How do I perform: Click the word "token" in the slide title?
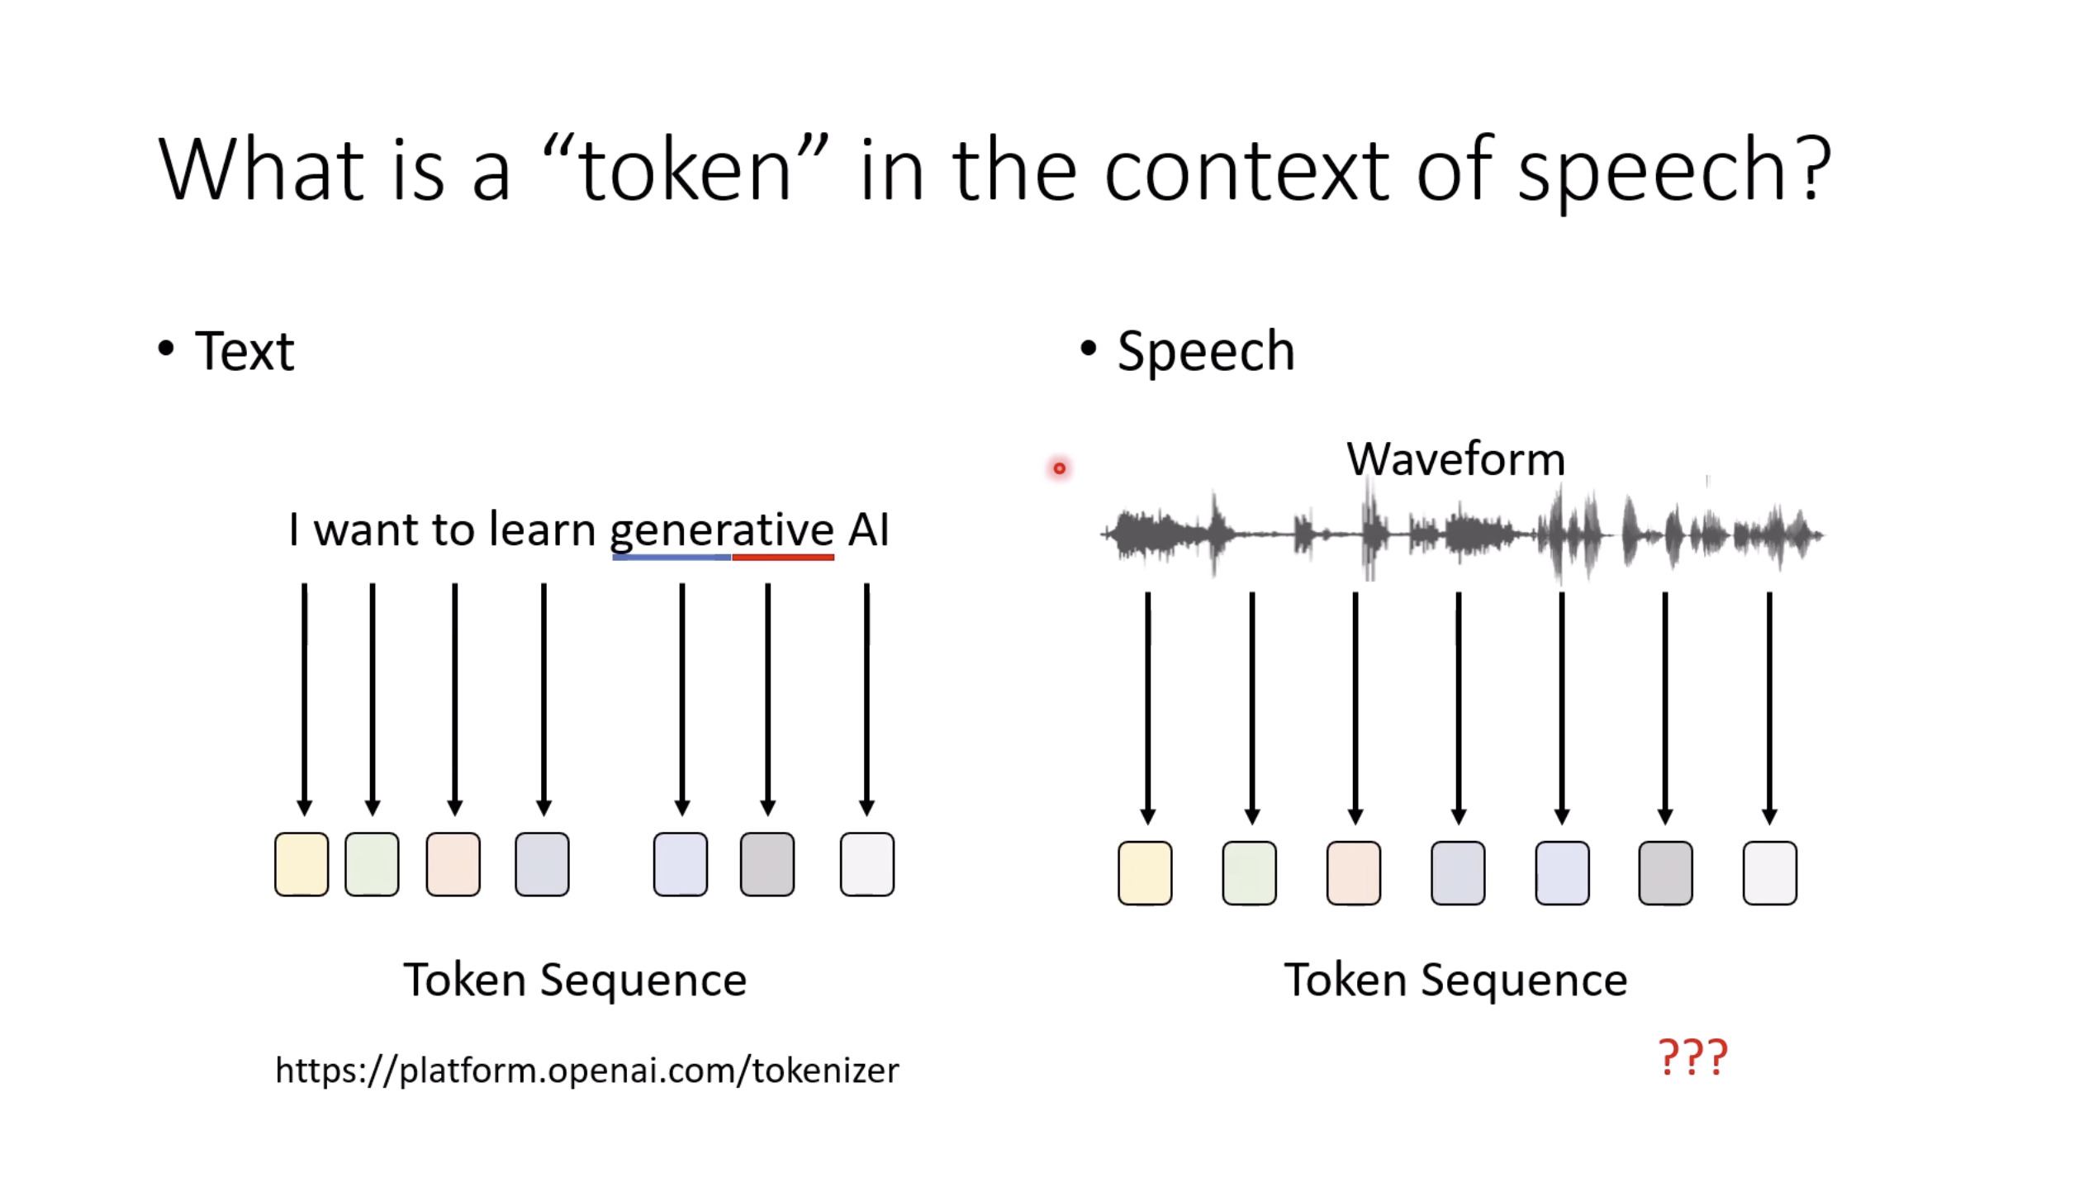pos(686,171)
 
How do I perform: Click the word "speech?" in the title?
pos(1673,171)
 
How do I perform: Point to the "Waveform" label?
pos(1455,459)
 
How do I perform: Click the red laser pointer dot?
pos(1059,469)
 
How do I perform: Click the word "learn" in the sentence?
pos(542,530)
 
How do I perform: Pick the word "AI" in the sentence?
pos(868,530)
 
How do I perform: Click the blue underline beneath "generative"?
pos(671,558)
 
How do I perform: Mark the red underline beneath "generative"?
pos(783,558)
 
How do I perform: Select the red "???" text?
pos(1692,1057)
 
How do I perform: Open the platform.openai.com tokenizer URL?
pos(586,1071)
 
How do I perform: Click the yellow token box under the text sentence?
pos(301,864)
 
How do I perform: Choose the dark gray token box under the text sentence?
pos(767,864)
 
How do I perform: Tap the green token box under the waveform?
pos(1249,873)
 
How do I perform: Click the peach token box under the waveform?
pos(1353,873)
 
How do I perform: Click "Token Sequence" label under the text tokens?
pos(575,981)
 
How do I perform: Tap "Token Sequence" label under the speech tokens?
pos(1455,981)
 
